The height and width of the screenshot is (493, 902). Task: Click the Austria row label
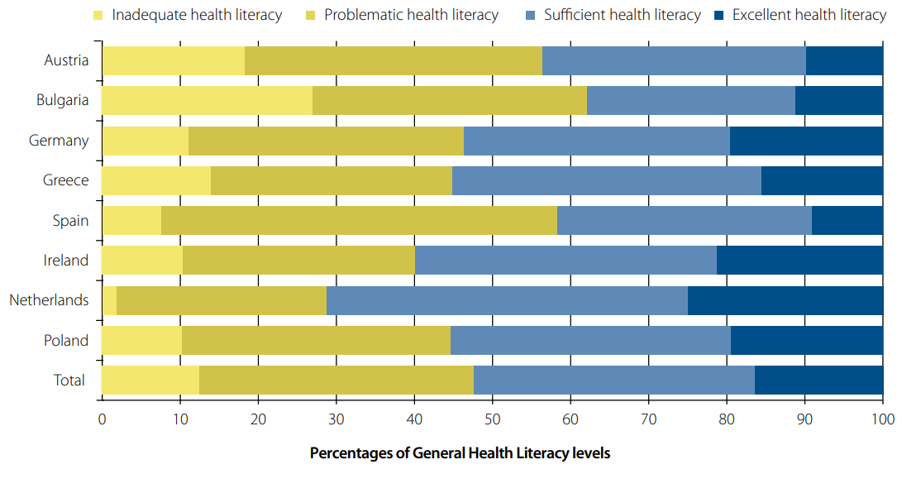click(66, 60)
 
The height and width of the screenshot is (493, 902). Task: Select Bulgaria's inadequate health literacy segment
click(207, 100)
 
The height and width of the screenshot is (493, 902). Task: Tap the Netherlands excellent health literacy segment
click(785, 300)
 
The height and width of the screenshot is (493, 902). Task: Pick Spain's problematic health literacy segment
click(359, 220)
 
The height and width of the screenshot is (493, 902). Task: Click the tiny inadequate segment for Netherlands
click(109, 300)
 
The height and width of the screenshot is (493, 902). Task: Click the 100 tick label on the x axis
click(882, 419)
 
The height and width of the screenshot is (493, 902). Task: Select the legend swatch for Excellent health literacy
click(718, 15)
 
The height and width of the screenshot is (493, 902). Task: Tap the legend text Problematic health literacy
click(411, 15)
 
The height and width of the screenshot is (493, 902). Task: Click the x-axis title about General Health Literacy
click(460, 453)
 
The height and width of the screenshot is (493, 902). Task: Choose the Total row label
click(69, 381)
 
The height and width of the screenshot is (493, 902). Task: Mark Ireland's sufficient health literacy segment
click(566, 261)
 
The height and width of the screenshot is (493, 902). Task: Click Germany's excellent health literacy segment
click(806, 141)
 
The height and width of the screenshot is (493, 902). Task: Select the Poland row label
click(66, 340)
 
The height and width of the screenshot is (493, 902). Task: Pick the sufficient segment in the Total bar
click(613, 381)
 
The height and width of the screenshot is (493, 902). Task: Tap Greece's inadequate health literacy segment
click(156, 180)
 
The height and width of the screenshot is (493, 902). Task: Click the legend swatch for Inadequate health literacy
click(98, 15)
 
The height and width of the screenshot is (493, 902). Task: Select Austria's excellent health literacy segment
click(844, 60)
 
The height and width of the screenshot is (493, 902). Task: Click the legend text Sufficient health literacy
click(622, 15)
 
